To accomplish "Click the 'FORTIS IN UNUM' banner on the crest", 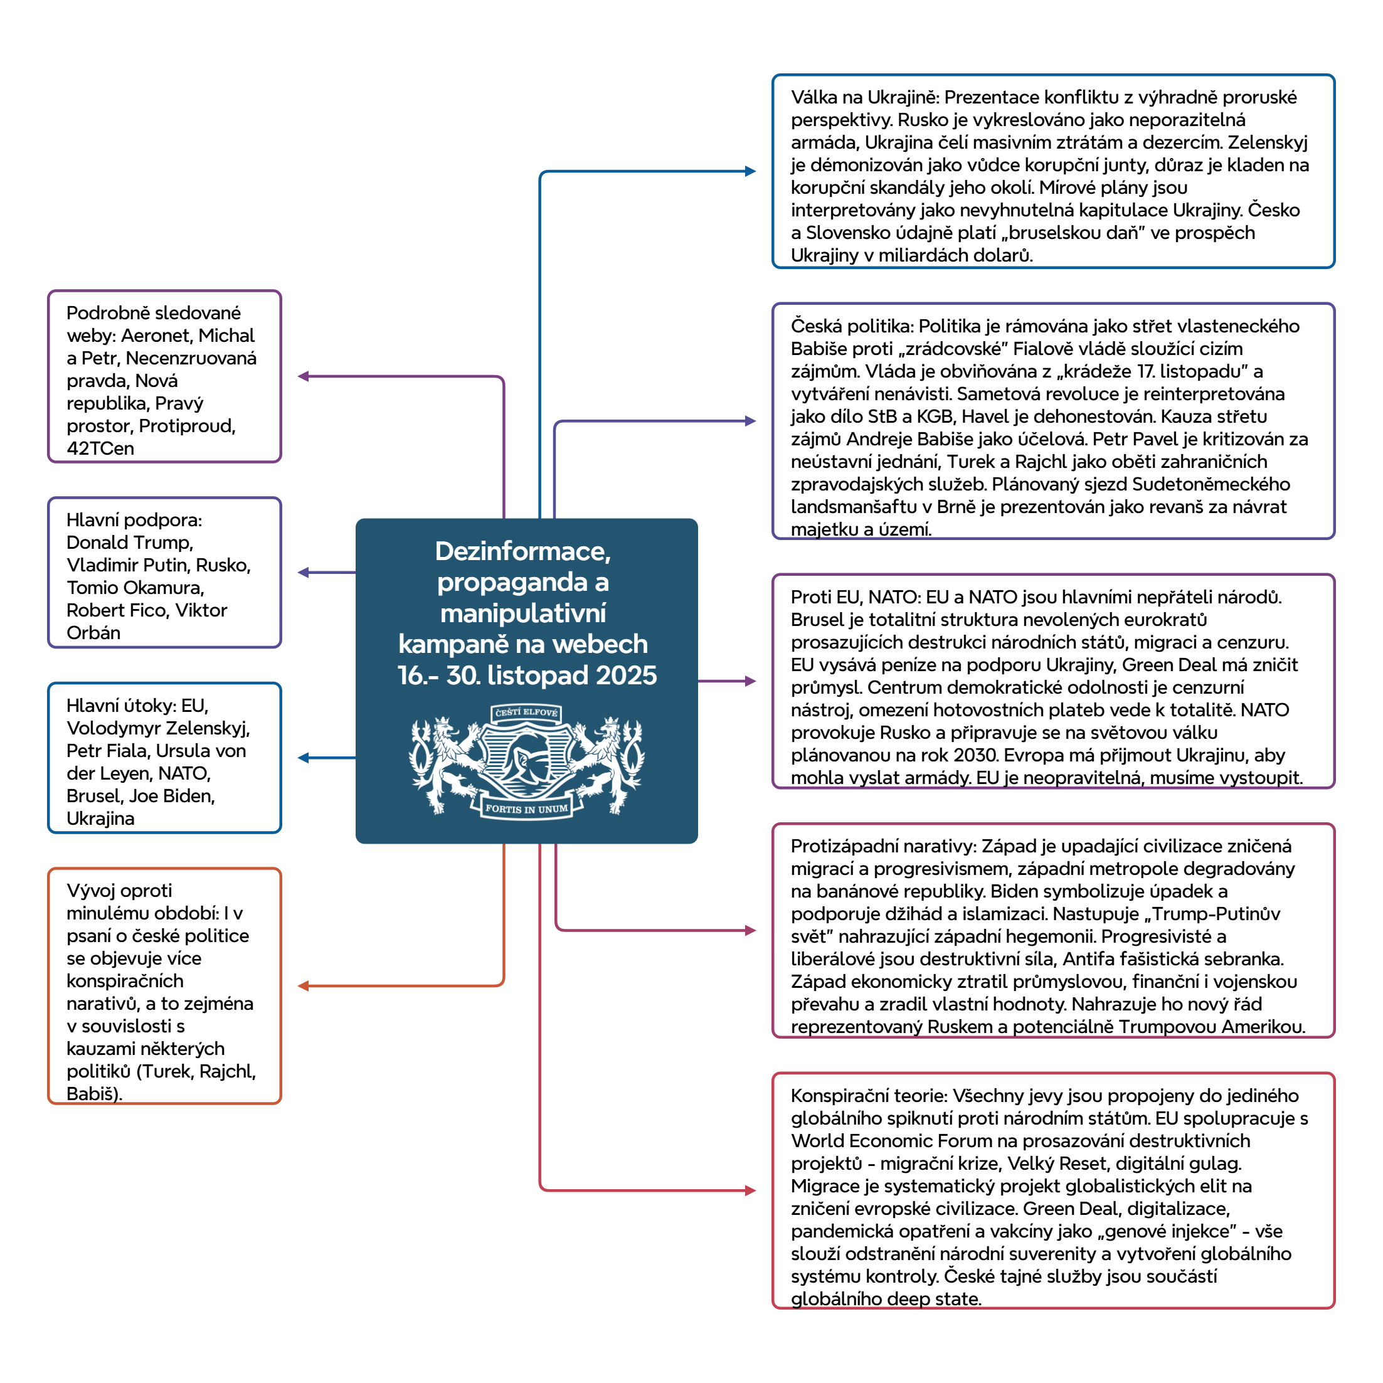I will [526, 809].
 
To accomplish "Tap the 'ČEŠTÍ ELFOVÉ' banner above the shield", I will [526, 713].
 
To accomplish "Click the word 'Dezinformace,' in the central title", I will [523, 551].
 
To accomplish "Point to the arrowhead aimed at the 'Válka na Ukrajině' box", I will [750, 171].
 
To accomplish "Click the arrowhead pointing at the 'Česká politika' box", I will [750, 421].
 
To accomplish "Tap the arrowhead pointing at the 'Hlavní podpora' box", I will [304, 573].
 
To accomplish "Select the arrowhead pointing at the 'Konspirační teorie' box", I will [750, 1190].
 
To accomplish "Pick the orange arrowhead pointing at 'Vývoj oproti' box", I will [304, 986].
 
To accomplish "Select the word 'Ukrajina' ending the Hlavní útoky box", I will [101, 819].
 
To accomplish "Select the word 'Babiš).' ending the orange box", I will [95, 1094].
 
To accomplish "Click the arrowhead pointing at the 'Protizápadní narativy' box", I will [750, 931].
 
